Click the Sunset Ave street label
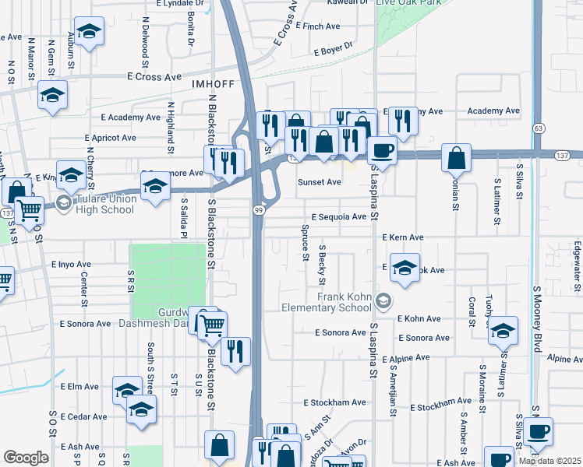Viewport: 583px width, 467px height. pyautogui.click(x=320, y=182)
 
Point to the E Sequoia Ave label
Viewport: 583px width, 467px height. pyautogui.click(x=338, y=217)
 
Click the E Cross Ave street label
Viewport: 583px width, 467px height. pyautogui.click(x=154, y=77)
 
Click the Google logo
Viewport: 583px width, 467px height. pyautogui.click(x=26, y=458)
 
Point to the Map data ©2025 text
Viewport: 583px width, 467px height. pyautogui.click(x=549, y=461)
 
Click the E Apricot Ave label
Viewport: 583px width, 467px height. pyautogui.click(x=110, y=138)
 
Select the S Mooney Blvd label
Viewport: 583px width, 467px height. pyautogui.click(x=536, y=319)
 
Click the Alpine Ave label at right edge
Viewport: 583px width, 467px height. pyautogui.click(x=564, y=359)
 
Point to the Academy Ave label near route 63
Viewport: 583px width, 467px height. pyautogui.click(x=493, y=111)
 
